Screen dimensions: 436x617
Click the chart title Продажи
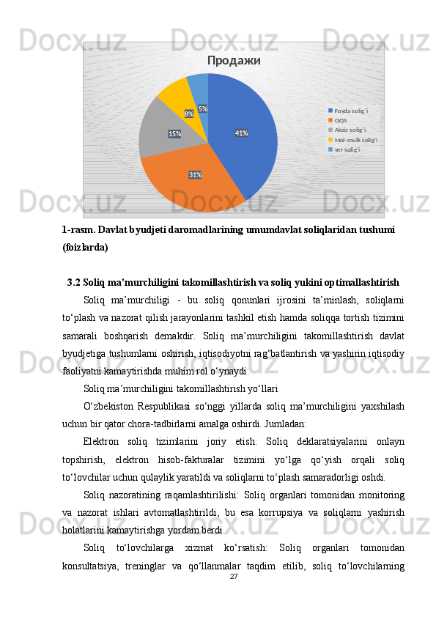(234, 60)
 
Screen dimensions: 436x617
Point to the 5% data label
(202, 109)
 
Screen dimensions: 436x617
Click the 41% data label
(241, 133)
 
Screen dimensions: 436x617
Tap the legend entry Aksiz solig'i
(350, 130)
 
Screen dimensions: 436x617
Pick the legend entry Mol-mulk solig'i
(355, 139)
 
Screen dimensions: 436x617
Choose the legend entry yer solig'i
(348, 149)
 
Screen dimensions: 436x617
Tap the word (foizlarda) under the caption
(85, 248)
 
